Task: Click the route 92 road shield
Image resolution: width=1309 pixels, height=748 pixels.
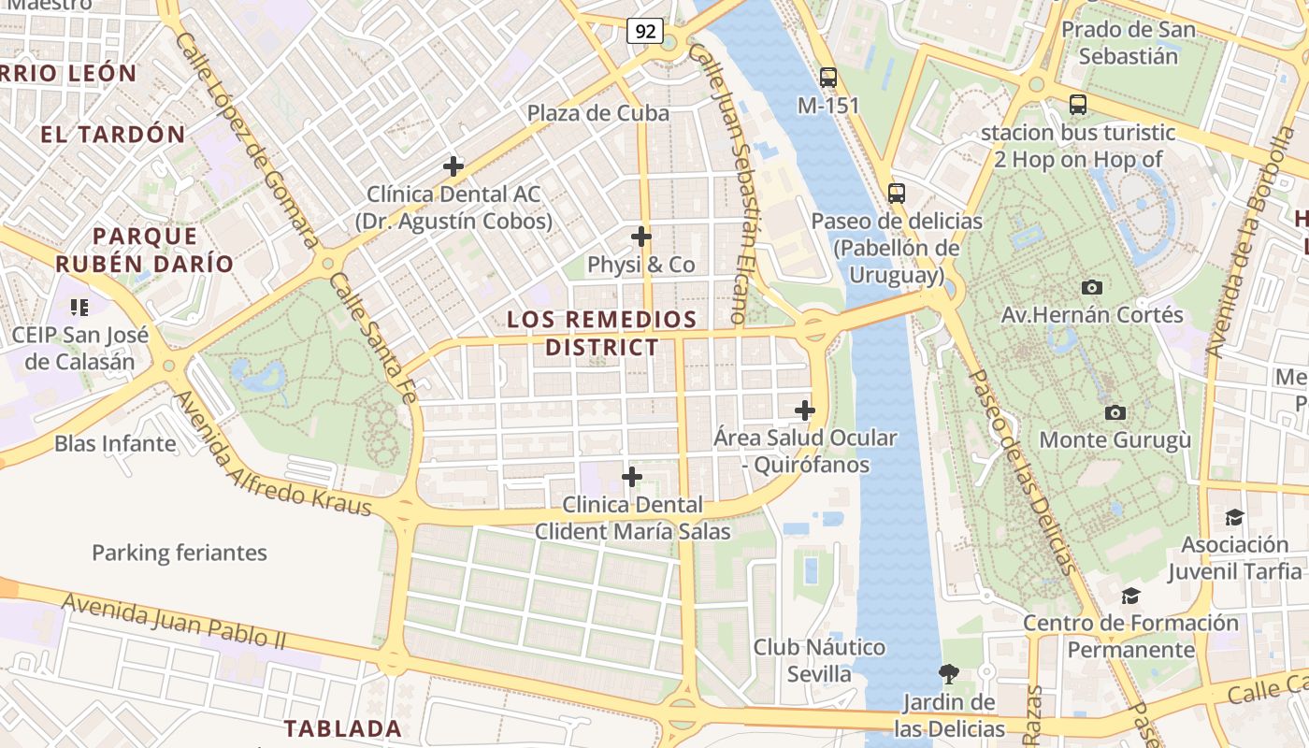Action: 645,32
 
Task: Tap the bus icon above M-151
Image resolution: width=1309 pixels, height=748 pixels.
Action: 827,78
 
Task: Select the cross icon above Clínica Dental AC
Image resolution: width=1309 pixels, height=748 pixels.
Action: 453,167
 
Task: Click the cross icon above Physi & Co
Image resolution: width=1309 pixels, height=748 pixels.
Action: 641,237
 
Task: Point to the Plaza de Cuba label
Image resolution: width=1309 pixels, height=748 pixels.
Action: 598,113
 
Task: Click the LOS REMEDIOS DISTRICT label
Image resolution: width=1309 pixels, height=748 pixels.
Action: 602,333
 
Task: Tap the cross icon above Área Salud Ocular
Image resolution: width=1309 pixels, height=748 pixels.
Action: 805,410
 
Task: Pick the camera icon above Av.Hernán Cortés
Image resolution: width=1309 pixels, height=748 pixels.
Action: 1091,287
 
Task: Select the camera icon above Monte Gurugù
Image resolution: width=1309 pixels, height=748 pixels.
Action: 1115,412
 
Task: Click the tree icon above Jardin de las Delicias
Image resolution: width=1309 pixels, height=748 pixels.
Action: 949,673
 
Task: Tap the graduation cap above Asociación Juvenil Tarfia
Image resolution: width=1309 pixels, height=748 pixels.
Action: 1234,518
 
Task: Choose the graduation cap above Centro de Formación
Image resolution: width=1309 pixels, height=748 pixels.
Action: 1131,596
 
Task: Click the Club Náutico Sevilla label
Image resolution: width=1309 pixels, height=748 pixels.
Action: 819,660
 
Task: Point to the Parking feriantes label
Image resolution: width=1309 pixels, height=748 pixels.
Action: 180,553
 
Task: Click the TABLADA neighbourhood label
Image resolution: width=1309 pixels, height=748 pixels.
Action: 342,727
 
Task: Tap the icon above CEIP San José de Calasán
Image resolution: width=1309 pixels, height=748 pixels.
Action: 79,307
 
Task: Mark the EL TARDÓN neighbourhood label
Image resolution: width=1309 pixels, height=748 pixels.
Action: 113,134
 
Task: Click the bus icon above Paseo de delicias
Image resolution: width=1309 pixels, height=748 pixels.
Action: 897,194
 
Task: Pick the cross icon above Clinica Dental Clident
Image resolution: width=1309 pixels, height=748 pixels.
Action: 632,478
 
